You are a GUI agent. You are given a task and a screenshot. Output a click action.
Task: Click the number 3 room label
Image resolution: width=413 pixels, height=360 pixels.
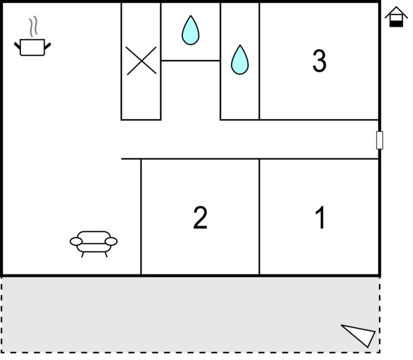pos(319,60)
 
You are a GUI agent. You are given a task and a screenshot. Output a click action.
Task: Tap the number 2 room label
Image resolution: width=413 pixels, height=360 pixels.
pos(200,217)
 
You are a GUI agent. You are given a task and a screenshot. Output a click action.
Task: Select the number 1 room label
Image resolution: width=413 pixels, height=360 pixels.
pos(321,217)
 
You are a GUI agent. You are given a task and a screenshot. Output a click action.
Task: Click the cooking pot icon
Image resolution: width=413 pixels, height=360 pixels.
pos(32,47)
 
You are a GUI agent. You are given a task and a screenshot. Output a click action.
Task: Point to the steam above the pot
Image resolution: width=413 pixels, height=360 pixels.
pos(33,26)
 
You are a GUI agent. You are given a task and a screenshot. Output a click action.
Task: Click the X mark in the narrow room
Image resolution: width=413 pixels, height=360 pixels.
pos(141,60)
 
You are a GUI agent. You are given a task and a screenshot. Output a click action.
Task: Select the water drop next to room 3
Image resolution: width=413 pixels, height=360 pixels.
pos(240,60)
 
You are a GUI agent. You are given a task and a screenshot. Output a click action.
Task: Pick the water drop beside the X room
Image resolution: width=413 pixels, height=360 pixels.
pos(191,30)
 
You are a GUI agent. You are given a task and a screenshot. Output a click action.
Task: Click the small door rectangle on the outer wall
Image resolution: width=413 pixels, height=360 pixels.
pos(380,140)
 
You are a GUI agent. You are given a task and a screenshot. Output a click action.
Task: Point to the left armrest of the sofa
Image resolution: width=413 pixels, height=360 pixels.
pos(76,241)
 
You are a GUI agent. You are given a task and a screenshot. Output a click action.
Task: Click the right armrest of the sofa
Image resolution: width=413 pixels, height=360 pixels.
pos(111,241)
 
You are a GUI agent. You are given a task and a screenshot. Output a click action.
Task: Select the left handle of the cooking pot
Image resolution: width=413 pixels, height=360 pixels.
pos(17,46)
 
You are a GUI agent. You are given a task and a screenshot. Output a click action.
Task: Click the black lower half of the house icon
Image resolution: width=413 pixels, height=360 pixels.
pos(396,24)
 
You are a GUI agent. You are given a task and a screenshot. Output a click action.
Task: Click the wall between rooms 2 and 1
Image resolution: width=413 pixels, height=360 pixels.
pos(259,217)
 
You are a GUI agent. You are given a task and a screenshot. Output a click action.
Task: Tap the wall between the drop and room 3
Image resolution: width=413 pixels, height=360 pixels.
pos(259,61)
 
